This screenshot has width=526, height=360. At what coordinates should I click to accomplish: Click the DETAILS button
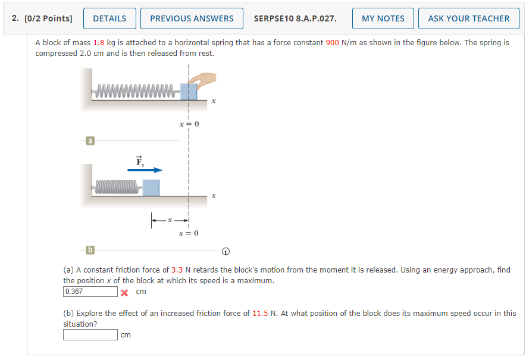pyautogui.click(x=109, y=18)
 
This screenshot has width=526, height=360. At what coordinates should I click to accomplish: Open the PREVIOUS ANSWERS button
pyautogui.click(x=192, y=18)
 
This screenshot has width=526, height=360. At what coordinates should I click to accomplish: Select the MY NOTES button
pyautogui.click(x=383, y=18)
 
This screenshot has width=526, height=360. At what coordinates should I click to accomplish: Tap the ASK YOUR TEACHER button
pyautogui.click(x=469, y=18)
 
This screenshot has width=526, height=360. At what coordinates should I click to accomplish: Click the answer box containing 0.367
pyautogui.click(x=90, y=292)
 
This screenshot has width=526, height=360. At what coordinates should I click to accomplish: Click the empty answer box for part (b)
pyautogui.click(x=90, y=335)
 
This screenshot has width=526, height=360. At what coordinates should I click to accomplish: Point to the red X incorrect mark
pyautogui.click(x=124, y=293)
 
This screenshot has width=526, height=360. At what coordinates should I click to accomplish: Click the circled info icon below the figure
pyautogui.click(x=226, y=252)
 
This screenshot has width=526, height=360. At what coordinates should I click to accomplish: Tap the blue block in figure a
pyautogui.click(x=189, y=92)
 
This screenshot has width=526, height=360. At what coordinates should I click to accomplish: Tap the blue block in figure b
pyautogui.click(x=151, y=187)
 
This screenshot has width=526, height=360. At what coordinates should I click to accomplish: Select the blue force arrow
pyautogui.click(x=145, y=170)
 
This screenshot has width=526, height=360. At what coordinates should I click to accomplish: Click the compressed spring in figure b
pyautogui.click(x=117, y=187)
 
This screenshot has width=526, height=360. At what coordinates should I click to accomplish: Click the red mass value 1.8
pyautogui.click(x=99, y=43)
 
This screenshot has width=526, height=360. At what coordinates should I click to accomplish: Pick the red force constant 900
pyautogui.click(x=332, y=43)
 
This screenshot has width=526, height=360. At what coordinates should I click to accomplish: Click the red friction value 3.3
pyautogui.click(x=177, y=270)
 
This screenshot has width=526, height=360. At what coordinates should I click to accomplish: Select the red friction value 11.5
pyautogui.click(x=260, y=314)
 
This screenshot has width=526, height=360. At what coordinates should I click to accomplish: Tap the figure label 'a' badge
pyautogui.click(x=90, y=140)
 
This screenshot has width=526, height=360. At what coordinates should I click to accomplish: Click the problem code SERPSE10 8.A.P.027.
pyautogui.click(x=295, y=18)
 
